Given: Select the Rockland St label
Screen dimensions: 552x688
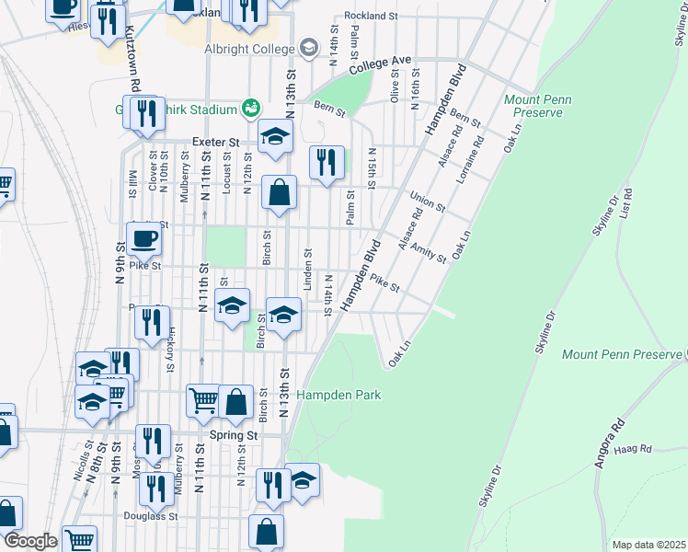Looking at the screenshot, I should pyautogui.click(x=371, y=16).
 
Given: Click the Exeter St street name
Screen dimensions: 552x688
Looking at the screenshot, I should pyautogui.click(x=215, y=144).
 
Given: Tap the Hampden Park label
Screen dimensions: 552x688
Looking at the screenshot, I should pyautogui.click(x=338, y=395).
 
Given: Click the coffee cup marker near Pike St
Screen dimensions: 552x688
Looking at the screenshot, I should pyautogui.click(x=143, y=240).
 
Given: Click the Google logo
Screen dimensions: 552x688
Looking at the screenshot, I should pyautogui.click(x=30, y=541).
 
